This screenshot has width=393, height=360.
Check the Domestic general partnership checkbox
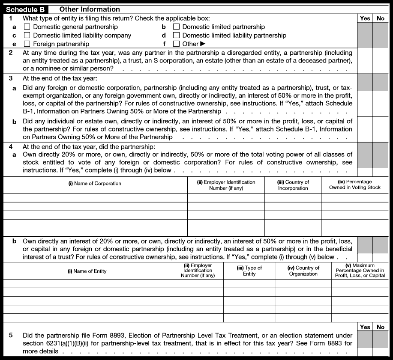pyautogui.click(x=27, y=27)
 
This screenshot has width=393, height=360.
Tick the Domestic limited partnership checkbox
pyautogui.click(x=176, y=27)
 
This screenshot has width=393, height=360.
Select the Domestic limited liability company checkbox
pyautogui.click(x=27, y=36)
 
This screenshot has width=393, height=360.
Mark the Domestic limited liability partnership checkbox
pyautogui.click(x=176, y=36)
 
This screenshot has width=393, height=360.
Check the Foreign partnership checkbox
pyautogui.click(x=27, y=44)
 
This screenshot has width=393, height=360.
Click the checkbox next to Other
pyautogui.click(x=176, y=44)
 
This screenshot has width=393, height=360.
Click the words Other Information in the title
pyautogui.click(x=90, y=9)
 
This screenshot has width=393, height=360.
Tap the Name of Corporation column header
pyautogui.click(x=95, y=183)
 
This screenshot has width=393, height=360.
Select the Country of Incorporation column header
pyautogui.click(x=293, y=185)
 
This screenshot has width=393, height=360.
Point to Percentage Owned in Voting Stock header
pyautogui.click(x=355, y=184)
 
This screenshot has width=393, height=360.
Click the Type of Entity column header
pyautogui.click(x=249, y=271)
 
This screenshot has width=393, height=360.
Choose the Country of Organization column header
pyautogui.click(x=303, y=271)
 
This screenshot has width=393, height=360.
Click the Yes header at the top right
pyautogui.click(x=365, y=18)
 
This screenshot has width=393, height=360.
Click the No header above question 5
pyautogui.click(x=380, y=327)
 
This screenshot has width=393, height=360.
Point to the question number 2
pyautogui.click(x=11, y=53)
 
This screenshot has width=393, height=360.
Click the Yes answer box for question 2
pyautogui.click(x=365, y=60)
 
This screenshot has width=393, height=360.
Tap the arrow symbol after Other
pyautogui.click(x=203, y=44)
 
